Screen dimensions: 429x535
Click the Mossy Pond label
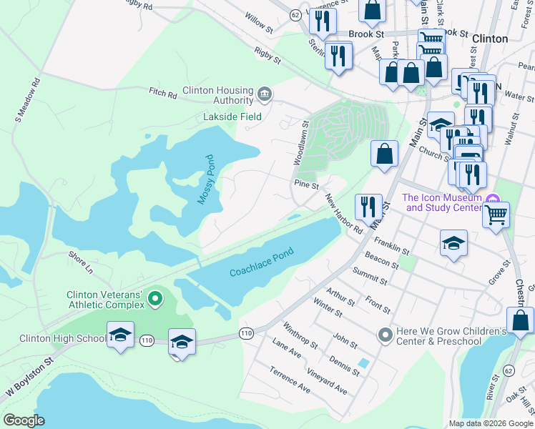[207, 179]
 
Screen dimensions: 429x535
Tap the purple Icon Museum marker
[491, 198]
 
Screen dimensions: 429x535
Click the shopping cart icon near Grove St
[496, 214]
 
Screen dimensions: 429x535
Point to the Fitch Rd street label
[162, 94]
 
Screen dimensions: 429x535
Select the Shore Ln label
[80, 262]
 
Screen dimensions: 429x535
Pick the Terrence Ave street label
[290, 380]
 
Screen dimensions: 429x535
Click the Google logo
[24, 420]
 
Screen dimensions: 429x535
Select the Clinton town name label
[490, 39]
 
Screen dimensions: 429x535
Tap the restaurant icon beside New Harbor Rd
[368, 207]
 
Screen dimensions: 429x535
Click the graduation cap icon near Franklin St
[453, 244]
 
